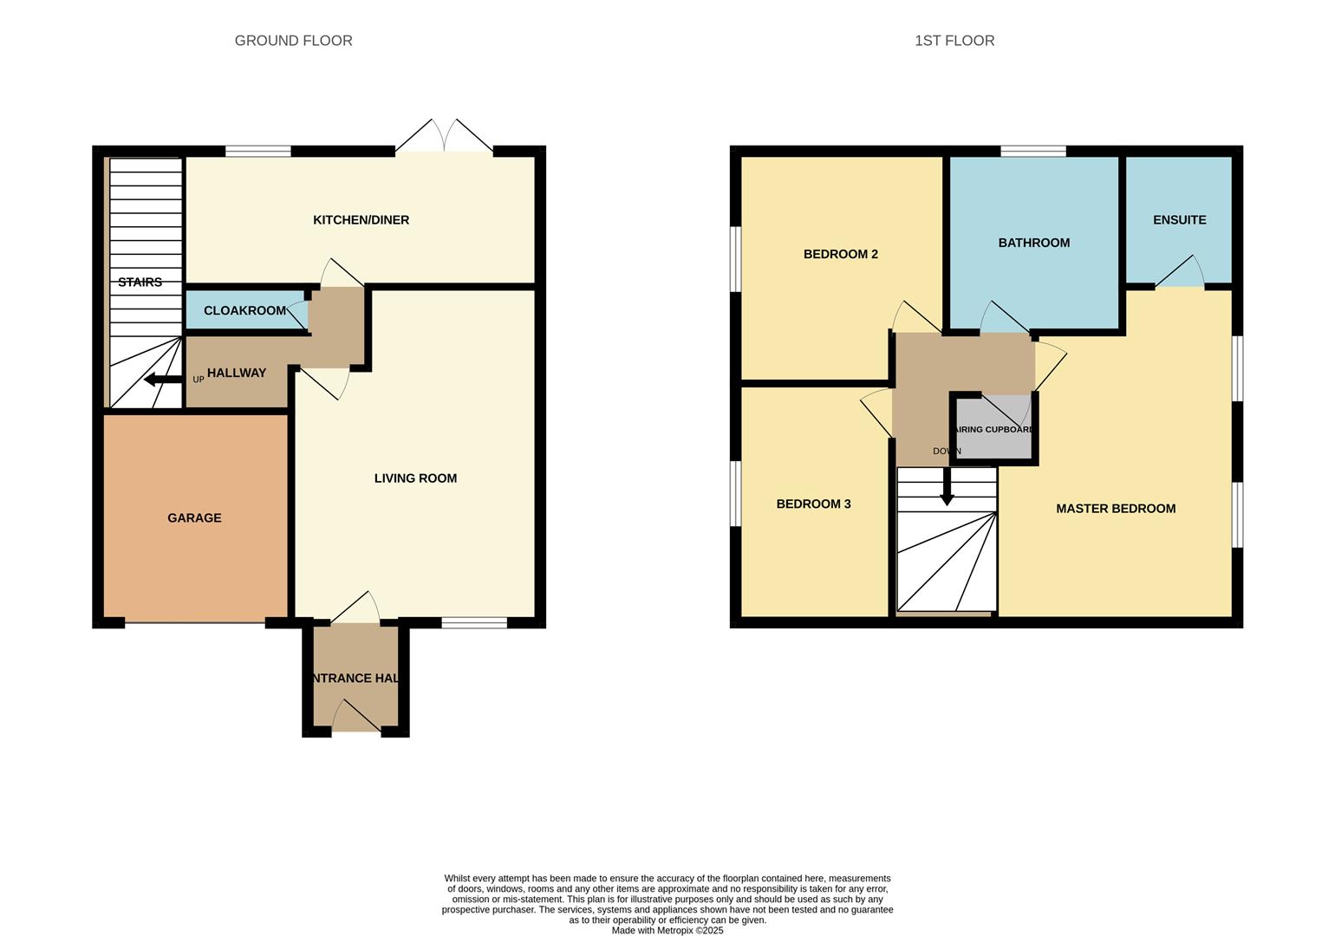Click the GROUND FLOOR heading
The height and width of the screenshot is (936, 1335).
tap(293, 41)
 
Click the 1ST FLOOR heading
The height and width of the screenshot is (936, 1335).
tap(954, 41)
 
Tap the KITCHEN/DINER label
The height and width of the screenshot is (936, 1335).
tap(361, 220)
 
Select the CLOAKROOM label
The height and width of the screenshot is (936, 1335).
tap(244, 310)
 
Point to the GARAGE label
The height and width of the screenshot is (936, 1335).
tap(194, 518)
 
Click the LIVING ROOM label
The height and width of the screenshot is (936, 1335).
tap(415, 478)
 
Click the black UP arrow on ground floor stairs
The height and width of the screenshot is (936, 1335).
tap(161, 380)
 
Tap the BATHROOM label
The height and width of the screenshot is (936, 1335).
tap(1033, 243)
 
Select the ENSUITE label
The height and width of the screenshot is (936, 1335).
tap(1179, 220)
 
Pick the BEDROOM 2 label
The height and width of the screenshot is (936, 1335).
tap(840, 254)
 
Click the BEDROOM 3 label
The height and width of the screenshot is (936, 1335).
tap(813, 504)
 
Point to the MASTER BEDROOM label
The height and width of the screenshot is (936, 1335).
tap(1116, 509)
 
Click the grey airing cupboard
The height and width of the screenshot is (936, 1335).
tap(993, 442)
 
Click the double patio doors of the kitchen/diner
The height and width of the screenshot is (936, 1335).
tap(444, 139)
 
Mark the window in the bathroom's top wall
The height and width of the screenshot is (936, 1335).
tap(1033, 152)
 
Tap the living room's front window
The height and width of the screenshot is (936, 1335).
tap(474, 622)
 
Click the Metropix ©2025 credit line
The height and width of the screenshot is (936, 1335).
tap(667, 931)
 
